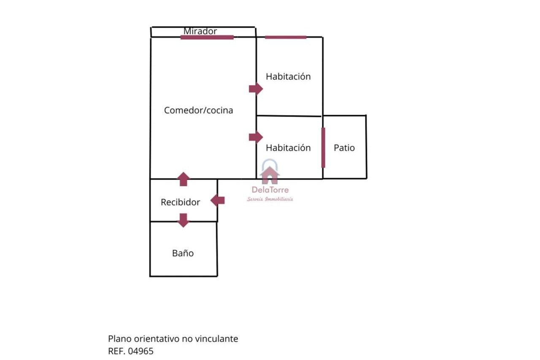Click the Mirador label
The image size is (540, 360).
coord(200,31)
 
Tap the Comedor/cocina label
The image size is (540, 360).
coord(198,111)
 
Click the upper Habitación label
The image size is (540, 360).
coord(288,76)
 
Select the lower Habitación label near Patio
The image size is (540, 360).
coord(288,148)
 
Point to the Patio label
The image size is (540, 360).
coord(344,148)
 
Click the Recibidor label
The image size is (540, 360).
coord(180,202)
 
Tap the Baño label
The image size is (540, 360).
coord(183,253)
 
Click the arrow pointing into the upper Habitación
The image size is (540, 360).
coord(256,89)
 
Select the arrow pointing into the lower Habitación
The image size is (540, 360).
coord(256,137)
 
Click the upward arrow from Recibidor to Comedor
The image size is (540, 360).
coord(183,179)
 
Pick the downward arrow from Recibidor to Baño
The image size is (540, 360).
coord(183,220)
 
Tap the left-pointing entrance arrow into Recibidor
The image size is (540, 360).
coord(218,200)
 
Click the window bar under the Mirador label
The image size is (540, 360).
coord(207,37)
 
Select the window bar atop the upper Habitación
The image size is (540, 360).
coord(286,37)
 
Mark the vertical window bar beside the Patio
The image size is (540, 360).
coord(323,148)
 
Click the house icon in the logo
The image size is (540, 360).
coord(270,173)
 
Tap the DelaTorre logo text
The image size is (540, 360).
coord(270,190)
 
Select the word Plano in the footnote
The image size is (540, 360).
coord(120,338)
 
